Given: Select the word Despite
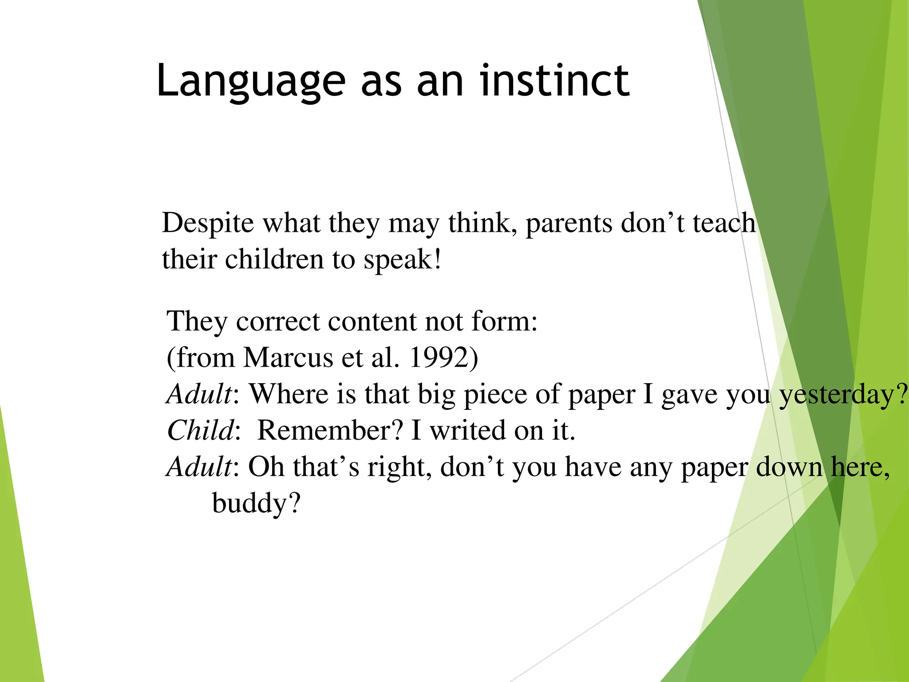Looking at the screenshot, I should tap(208, 223).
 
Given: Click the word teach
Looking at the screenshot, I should tap(724, 223).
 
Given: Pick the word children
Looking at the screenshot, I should tap(274, 259).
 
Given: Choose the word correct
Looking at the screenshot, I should tap(277, 321).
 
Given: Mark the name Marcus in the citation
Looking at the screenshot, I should tap(288, 357).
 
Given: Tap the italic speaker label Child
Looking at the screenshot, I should tap(200, 430).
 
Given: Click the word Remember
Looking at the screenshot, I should tap(330, 430).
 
